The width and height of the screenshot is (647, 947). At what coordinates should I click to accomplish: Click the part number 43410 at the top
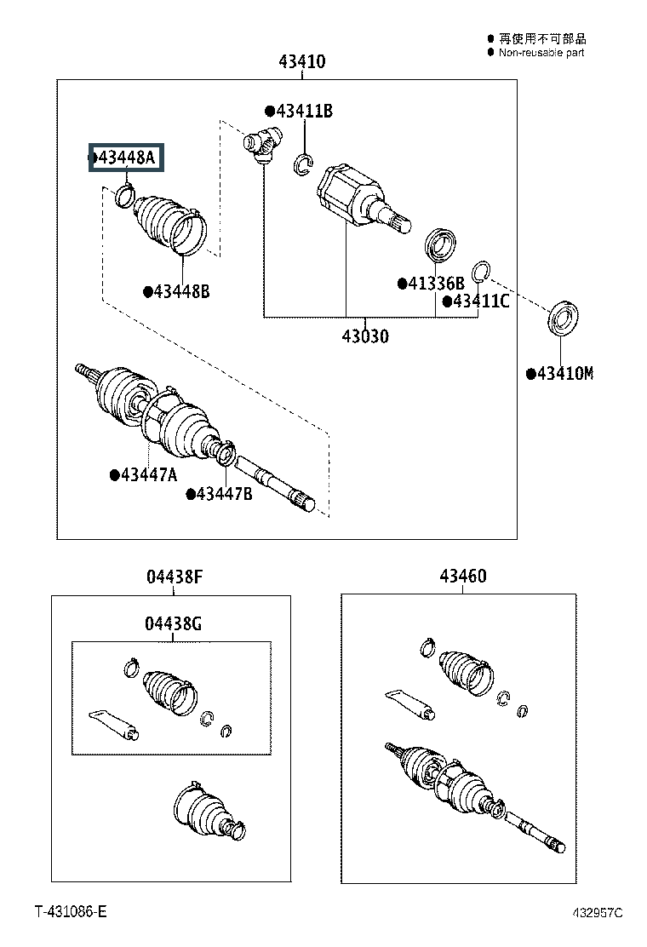click(x=301, y=62)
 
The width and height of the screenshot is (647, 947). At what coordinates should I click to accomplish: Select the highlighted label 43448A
click(x=126, y=158)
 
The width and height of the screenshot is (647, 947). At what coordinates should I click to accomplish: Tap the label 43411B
click(x=303, y=112)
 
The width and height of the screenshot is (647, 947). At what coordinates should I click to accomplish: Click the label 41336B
click(x=436, y=284)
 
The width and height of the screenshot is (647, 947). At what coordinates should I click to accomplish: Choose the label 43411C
click(x=481, y=301)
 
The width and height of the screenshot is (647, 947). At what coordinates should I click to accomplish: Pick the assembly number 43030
click(x=365, y=336)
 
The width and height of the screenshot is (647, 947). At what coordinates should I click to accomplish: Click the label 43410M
click(x=564, y=374)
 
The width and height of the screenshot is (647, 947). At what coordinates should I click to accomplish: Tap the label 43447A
click(x=148, y=474)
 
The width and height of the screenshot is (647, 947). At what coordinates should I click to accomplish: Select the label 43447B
click(x=224, y=493)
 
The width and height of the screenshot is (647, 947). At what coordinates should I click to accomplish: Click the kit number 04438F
click(x=174, y=577)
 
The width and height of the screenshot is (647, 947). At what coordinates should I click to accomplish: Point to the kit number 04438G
click(x=173, y=624)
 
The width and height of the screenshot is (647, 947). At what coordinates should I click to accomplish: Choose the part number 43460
click(x=462, y=577)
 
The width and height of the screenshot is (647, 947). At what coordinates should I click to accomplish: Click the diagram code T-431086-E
click(x=71, y=912)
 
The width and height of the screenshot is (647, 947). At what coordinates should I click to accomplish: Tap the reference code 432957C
click(x=597, y=913)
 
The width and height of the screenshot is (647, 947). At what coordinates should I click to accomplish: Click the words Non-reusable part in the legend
click(x=541, y=53)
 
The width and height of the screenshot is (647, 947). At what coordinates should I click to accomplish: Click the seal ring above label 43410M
click(x=563, y=318)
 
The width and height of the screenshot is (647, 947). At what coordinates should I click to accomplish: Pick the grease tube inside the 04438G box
click(x=115, y=721)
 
